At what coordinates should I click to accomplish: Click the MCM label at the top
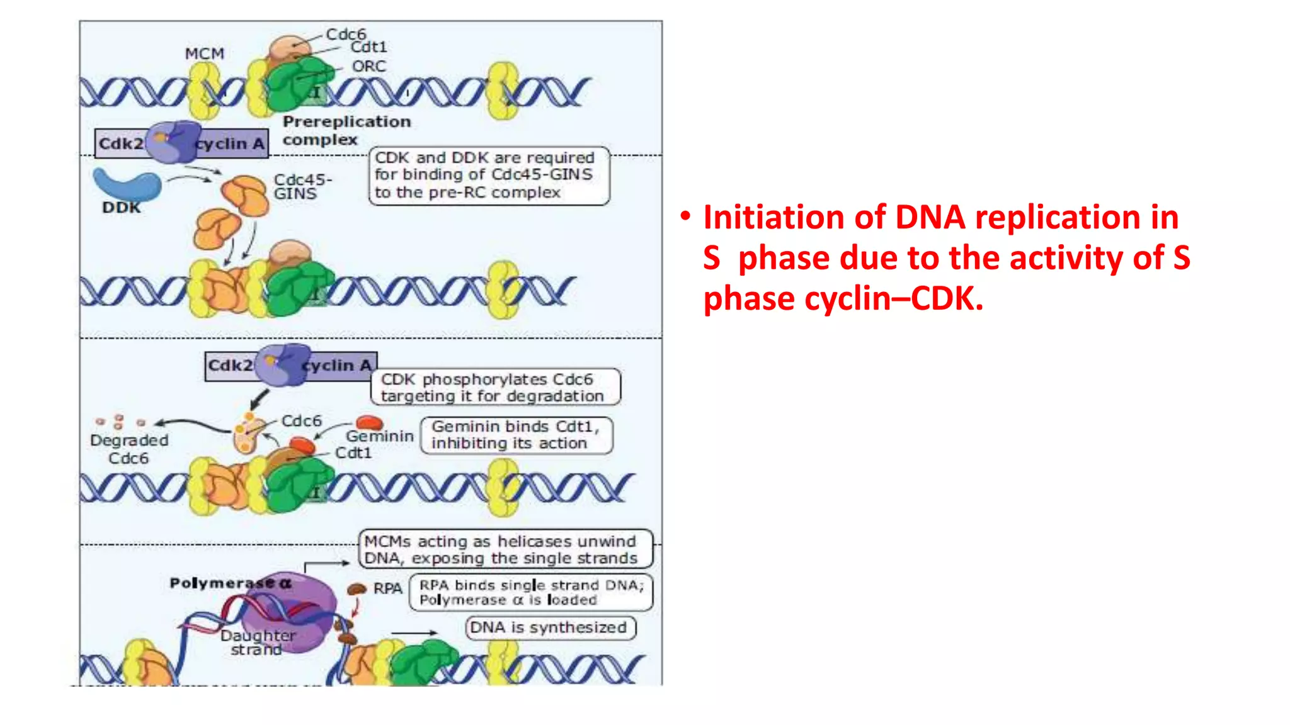[205, 54]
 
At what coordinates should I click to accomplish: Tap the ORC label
[369, 66]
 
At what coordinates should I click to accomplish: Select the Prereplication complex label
[346, 130]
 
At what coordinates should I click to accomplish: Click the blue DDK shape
[127, 184]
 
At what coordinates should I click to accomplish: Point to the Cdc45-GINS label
[302, 187]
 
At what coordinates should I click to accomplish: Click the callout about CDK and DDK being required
[489, 176]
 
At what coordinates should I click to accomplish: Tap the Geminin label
[380, 436]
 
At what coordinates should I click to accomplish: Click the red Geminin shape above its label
[369, 422]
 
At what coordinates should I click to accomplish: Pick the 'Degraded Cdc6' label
[129, 449]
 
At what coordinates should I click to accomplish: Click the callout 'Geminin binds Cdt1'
[516, 435]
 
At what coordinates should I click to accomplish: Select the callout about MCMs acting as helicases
[506, 549]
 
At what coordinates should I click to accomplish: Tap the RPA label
[387, 588]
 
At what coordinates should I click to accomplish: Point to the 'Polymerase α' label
[231, 583]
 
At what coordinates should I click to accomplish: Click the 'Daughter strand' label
[257, 643]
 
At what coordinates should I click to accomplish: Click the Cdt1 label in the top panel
[369, 48]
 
